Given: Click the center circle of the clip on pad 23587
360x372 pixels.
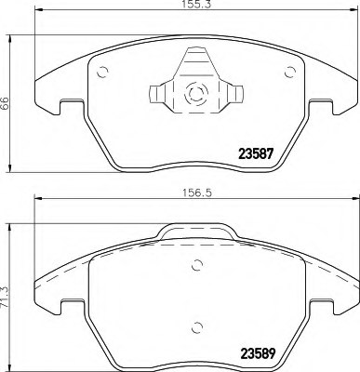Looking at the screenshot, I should (196, 93).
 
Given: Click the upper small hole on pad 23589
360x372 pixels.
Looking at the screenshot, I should (196, 264).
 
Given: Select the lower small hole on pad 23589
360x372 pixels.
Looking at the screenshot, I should (196, 325).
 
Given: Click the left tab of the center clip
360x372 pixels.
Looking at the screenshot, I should (154, 93).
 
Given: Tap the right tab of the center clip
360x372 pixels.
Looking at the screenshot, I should (238, 93).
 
